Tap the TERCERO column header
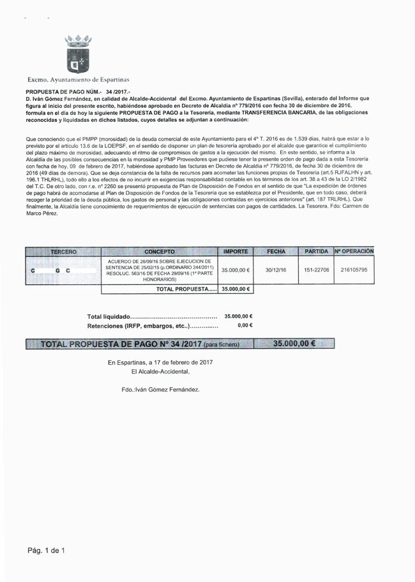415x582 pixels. pos(63,252)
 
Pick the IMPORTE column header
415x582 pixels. pos(236,252)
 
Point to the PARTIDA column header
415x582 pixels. pos(317,252)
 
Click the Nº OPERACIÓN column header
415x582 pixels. pos(354,252)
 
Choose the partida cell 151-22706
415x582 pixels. pos(317,270)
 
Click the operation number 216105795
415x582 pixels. pos(354,270)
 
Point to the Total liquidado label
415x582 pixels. pos(109,316)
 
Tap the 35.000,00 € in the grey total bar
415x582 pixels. pos(294,344)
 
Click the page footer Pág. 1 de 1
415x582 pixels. pos(46,549)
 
